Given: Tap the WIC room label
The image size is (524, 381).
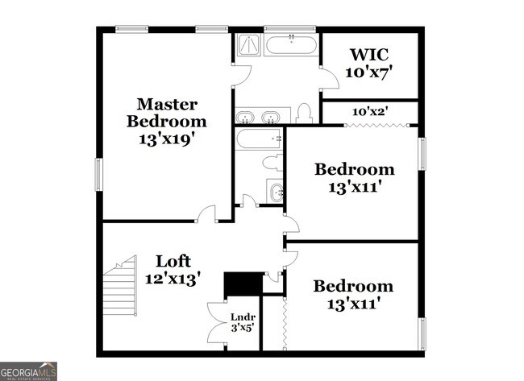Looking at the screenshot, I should (368, 64).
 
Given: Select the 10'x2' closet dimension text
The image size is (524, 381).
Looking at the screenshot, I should (370, 111).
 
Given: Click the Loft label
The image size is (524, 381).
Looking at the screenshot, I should (173, 269).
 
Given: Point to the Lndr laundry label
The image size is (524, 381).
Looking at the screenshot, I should (243, 322).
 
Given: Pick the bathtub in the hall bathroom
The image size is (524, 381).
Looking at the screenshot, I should (258, 139).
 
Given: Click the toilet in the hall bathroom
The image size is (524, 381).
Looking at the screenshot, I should (272, 163).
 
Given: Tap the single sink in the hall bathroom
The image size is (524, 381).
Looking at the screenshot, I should (276, 193).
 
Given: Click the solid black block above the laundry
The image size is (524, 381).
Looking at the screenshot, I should (243, 284).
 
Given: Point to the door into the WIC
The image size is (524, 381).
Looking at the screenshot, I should (327, 78).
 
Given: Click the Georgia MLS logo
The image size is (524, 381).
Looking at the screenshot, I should (29, 371).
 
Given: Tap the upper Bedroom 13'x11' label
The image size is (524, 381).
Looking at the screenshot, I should (354, 178).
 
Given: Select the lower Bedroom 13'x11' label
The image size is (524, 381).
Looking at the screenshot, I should (353, 294).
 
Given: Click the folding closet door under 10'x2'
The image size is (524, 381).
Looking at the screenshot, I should (370, 124).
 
